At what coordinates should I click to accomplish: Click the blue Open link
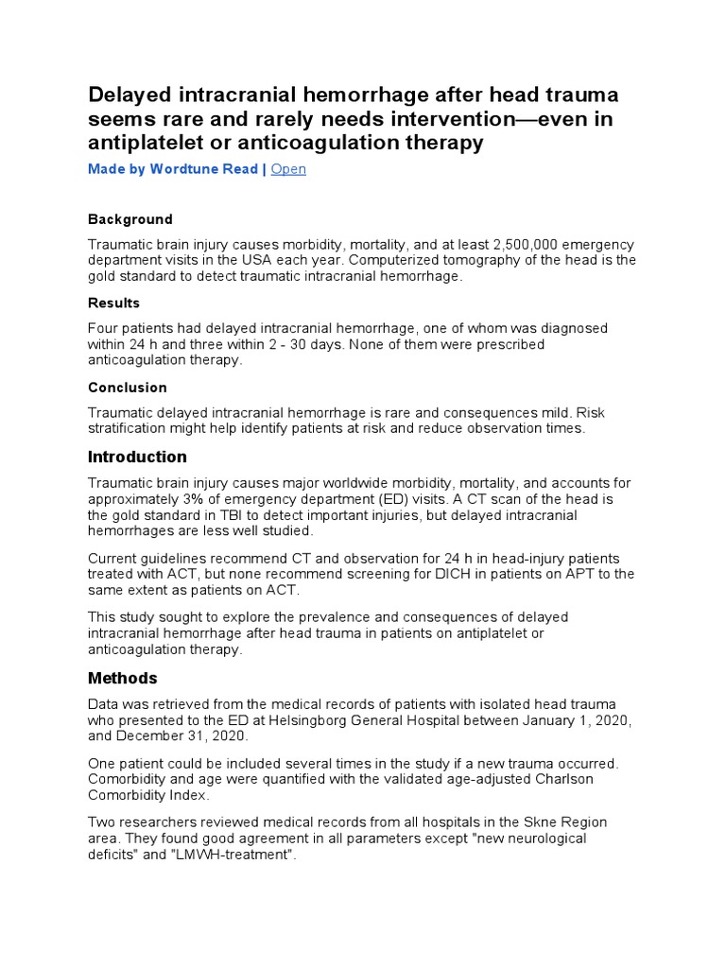pos(288,169)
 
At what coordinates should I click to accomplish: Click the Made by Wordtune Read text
pos(173,169)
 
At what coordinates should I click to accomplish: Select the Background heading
pos(130,219)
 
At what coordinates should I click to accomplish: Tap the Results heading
pos(113,303)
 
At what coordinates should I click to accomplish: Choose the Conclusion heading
pos(128,388)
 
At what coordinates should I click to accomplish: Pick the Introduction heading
pos(137,458)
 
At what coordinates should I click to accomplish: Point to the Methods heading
pos(123,679)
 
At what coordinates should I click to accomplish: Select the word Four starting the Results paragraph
pos(104,328)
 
